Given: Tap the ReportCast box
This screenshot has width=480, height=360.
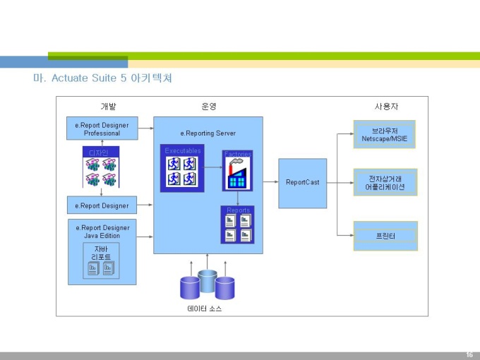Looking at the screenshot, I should [x=302, y=183].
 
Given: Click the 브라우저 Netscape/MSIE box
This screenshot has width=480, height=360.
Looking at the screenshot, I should [x=385, y=134].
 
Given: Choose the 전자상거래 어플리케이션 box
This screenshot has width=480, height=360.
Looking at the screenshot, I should [x=385, y=181].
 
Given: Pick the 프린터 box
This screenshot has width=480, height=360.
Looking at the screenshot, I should [x=385, y=236].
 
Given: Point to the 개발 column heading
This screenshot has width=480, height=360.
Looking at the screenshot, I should [x=108, y=107].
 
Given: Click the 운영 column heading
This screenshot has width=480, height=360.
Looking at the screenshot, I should [x=209, y=107].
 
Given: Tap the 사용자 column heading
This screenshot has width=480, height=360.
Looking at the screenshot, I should [x=386, y=107].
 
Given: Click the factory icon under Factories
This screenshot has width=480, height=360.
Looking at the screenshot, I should [x=237, y=174].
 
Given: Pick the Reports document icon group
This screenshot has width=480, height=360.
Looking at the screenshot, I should [x=237, y=227].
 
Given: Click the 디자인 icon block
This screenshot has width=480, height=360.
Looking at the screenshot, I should [x=101, y=167].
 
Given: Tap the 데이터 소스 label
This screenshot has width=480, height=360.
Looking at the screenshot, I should [x=205, y=309].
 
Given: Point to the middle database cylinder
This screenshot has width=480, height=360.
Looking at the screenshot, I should [x=208, y=281].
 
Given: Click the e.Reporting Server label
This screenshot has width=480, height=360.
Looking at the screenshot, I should [x=208, y=133].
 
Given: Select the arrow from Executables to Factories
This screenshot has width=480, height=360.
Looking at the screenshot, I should [x=213, y=168].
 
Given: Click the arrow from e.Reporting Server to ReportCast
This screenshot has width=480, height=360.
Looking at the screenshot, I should [x=270, y=182].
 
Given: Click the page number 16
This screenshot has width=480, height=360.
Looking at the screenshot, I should [x=469, y=354].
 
